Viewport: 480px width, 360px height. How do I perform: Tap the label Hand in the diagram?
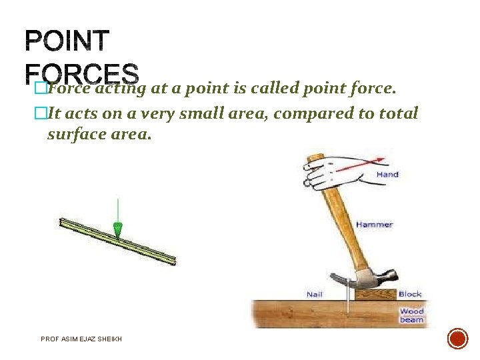click(387, 175)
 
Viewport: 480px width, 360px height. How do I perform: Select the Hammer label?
click(374, 225)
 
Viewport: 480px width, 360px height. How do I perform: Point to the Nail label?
click(315, 294)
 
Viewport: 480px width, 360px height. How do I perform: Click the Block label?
click(410, 294)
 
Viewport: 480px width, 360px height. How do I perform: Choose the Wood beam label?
click(411, 315)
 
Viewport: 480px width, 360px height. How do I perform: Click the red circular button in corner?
click(457, 339)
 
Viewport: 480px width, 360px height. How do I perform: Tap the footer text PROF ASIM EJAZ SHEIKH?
click(81, 339)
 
